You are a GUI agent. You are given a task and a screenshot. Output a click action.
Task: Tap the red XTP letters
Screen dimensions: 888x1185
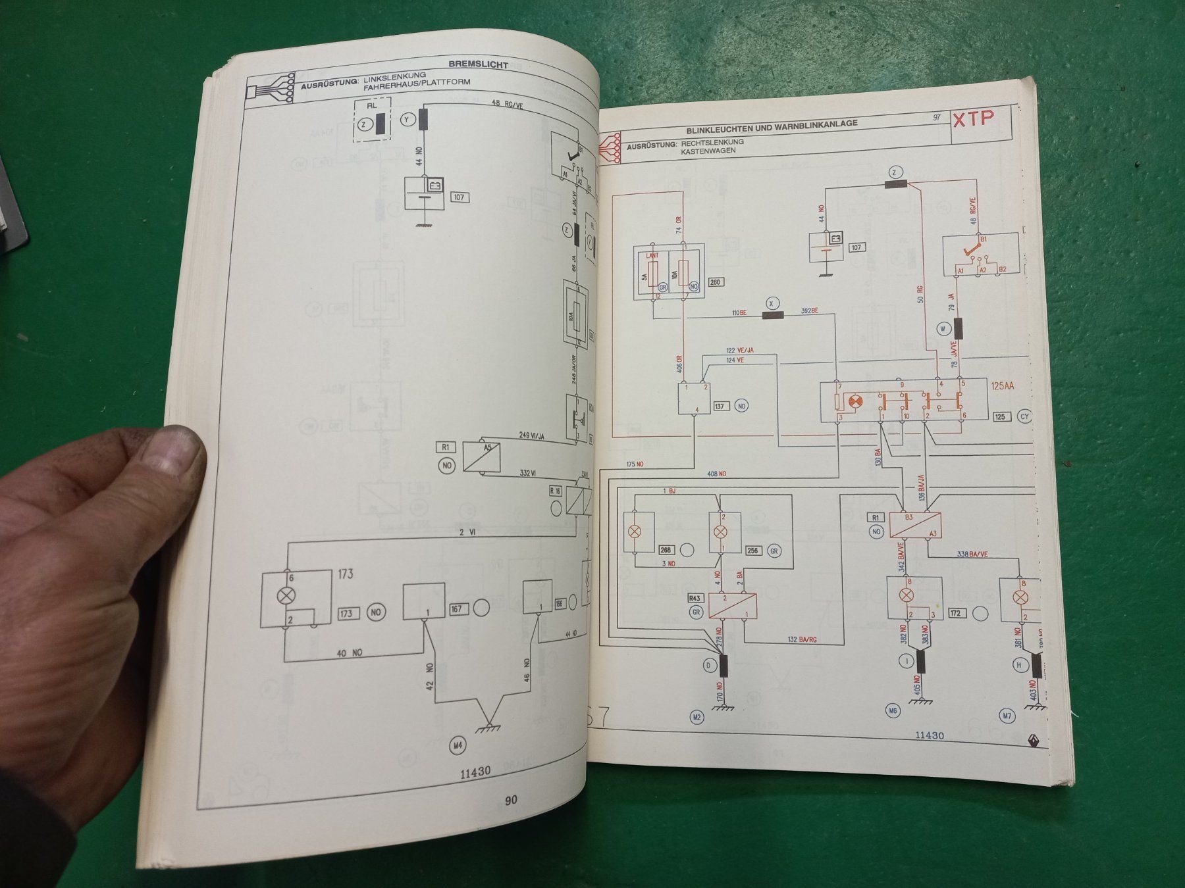(974, 118)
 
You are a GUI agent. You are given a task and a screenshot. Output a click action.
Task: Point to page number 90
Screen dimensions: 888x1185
(511, 800)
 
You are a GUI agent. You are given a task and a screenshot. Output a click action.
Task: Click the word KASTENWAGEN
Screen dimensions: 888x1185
(708, 151)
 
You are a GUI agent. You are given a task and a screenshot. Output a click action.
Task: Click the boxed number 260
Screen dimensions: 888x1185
(715, 282)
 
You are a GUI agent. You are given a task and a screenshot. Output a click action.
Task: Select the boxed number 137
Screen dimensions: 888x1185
(719, 406)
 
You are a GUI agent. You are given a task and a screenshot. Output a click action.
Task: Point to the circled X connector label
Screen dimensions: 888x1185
(772, 303)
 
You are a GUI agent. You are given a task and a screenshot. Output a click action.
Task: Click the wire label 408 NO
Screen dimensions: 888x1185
(716, 474)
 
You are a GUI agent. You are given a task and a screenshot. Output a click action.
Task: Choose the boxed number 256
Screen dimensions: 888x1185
(752, 551)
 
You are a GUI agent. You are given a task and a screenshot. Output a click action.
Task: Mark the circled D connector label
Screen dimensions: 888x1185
(709, 666)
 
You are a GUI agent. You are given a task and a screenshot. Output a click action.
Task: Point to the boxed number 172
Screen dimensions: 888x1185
(955, 613)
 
